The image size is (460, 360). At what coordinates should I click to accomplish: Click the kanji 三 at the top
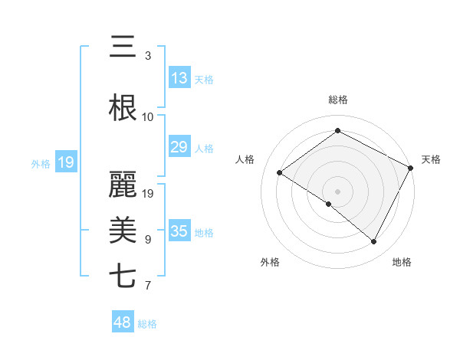coord(123,47)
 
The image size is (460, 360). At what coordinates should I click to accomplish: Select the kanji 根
coord(123,109)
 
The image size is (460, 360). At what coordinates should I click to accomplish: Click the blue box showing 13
coord(179,78)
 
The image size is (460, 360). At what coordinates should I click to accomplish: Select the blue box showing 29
coord(179,147)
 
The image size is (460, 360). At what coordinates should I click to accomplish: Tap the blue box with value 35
coord(179,231)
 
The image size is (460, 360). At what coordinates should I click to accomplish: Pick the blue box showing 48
coord(123,323)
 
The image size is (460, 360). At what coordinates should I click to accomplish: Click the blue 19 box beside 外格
coord(66,162)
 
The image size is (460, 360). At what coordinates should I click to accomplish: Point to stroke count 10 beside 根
coord(148,117)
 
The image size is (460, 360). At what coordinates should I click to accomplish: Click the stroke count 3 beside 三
coord(148,56)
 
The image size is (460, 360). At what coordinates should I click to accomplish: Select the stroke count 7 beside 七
coord(148,286)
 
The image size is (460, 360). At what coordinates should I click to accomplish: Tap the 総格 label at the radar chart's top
coord(337,100)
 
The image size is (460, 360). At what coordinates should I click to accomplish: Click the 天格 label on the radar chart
coord(431,159)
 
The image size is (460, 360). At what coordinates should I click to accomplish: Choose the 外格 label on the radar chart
coord(270,263)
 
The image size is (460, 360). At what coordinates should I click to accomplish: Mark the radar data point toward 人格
coord(279,173)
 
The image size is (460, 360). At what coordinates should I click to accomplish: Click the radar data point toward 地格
coord(374,242)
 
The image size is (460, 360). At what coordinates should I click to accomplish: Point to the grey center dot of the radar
coord(337,191)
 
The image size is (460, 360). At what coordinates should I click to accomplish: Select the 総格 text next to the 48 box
coord(147,324)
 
